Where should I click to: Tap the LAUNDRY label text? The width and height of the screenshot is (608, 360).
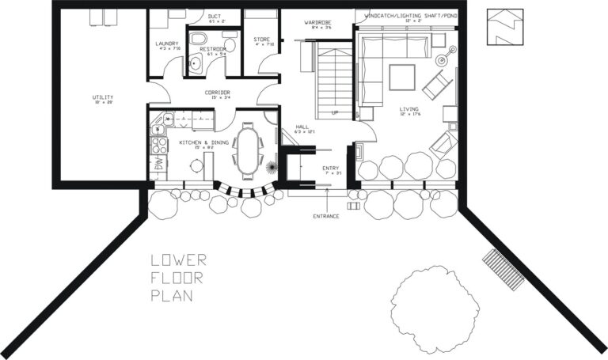(168, 44)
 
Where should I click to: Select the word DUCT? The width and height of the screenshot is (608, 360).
(215, 15)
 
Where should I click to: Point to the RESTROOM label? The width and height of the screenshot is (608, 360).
(213, 49)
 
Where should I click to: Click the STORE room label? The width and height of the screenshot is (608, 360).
(261, 39)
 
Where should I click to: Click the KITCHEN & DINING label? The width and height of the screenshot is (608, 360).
(203, 142)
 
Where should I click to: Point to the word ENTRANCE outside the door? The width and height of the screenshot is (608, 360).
(325, 215)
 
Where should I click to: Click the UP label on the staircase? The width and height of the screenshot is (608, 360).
(335, 112)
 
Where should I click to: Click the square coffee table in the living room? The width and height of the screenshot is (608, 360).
(401, 77)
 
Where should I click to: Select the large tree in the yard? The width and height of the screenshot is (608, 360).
(434, 305)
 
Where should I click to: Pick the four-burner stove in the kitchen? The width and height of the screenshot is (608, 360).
(159, 146)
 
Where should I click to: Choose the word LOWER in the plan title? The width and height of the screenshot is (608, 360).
(178, 260)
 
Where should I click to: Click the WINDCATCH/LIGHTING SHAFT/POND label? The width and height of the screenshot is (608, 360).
(410, 15)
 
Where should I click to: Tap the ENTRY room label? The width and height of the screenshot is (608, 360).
(331, 169)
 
